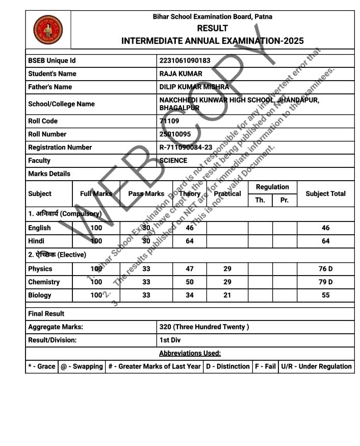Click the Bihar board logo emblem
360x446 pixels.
click(x=48, y=29)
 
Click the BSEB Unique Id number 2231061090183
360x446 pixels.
click(x=185, y=61)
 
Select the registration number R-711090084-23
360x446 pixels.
click(x=186, y=147)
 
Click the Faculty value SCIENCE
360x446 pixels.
click(x=173, y=160)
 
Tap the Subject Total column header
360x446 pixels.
click(x=325, y=193)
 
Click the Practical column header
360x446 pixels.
click(x=227, y=193)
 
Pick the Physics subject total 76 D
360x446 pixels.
click(x=325, y=269)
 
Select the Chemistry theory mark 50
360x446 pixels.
click(x=190, y=282)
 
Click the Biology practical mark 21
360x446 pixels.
click(x=227, y=295)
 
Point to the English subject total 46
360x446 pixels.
click(x=325, y=228)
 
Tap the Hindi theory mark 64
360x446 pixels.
click(x=190, y=241)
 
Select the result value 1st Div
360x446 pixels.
click(x=170, y=340)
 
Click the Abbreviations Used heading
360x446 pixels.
click(x=190, y=353)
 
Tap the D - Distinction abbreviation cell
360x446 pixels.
click(x=227, y=366)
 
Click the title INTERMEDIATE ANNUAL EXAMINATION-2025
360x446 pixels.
click(x=212, y=41)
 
